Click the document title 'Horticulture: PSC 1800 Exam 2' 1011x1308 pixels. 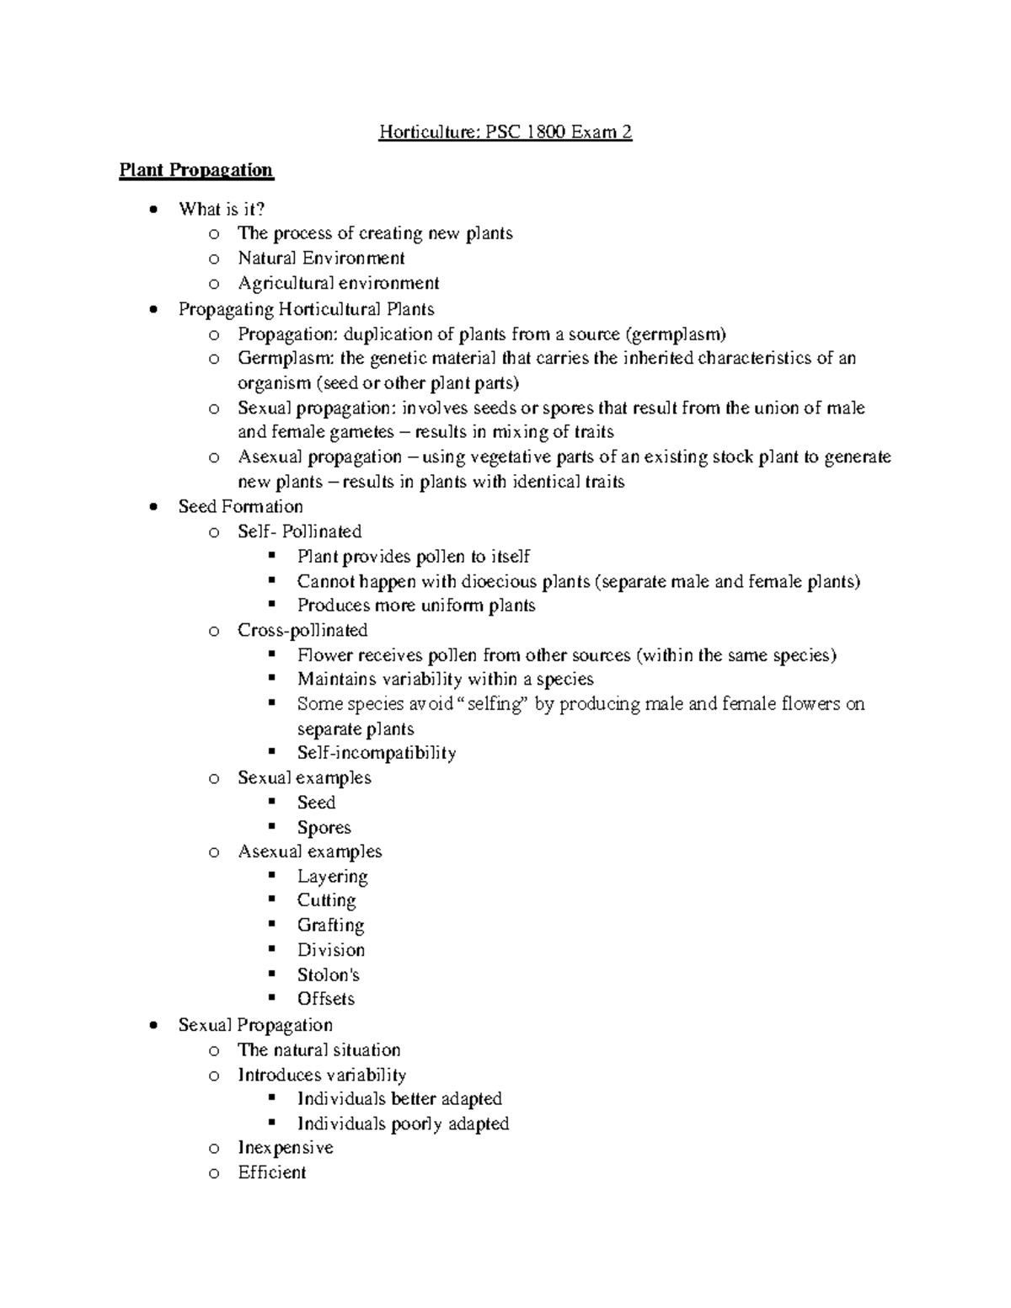[x=505, y=132]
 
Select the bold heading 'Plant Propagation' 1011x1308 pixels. [x=195, y=170]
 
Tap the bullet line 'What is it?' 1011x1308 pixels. [x=222, y=209]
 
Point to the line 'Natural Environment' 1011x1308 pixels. [x=321, y=258]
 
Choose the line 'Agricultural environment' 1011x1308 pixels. [x=338, y=283]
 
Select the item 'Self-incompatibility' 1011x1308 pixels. [x=377, y=753]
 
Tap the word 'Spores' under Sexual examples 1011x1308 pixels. [x=324, y=827]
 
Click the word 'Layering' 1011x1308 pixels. [x=332, y=877]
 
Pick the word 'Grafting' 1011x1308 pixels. [x=330, y=925]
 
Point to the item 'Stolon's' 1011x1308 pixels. [x=328, y=974]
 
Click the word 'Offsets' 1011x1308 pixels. [x=325, y=999]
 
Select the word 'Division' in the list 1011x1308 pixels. [x=330, y=950]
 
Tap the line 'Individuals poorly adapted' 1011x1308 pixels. [x=403, y=1124]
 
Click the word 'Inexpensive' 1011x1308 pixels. [x=286, y=1148]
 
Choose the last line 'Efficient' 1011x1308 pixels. [x=271, y=1172]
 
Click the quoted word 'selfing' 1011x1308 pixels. [x=496, y=704]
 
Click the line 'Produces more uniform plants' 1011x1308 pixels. [x=416, y=606]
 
